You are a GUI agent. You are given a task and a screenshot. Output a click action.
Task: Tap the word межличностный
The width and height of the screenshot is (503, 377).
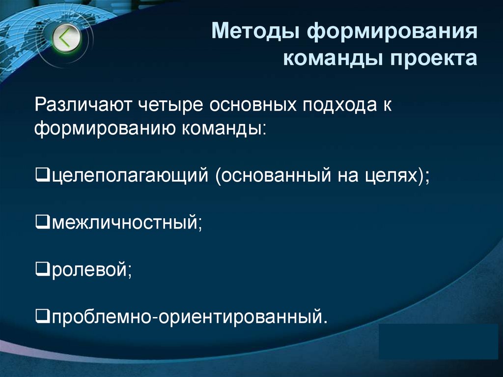pyautogui.click(x=124, y=223)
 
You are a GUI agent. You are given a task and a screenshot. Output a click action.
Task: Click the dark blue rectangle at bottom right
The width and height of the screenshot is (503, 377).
pyautogui.click(x=439, y=341)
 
